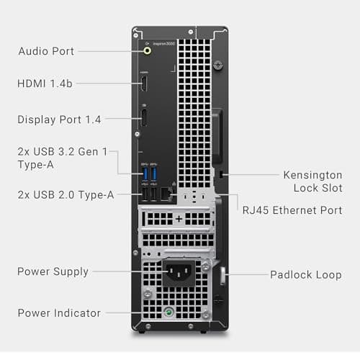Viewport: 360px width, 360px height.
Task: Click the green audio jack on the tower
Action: click(148, 51)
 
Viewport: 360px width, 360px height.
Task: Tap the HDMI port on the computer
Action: click(144, 83)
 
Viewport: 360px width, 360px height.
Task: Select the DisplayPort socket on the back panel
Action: click(144, 117)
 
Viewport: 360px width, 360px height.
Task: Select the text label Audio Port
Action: click(46, 51)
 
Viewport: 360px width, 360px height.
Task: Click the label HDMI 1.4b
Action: click(45, 84)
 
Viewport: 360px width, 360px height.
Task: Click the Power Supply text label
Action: click(53, 271)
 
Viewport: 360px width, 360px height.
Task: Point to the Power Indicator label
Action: click(59, 313)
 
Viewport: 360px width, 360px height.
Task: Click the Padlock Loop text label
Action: click(305, 274)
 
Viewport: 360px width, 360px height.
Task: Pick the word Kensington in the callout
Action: click(311, 175)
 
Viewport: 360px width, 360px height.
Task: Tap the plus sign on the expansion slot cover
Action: click(179, 217)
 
